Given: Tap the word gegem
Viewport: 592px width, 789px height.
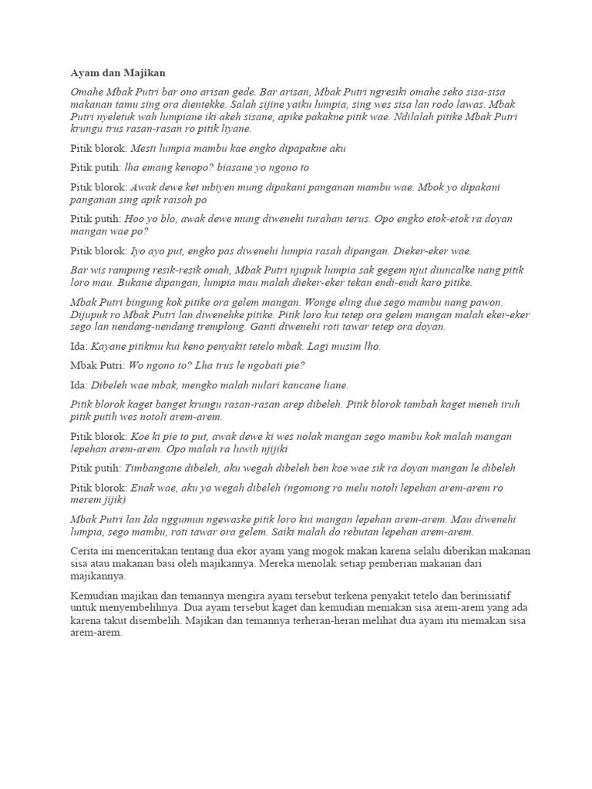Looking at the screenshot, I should click(x=372, y=270).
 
